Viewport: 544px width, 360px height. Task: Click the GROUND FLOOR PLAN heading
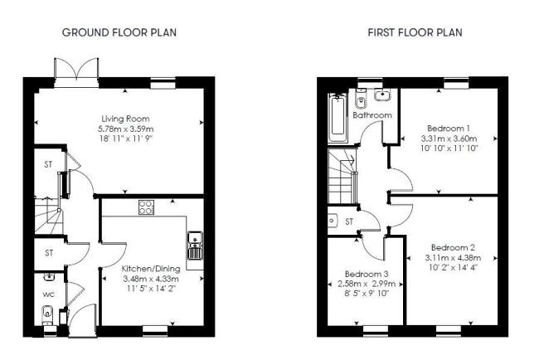click(x=119, y=32)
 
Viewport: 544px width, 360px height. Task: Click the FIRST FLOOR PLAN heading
click(x=415, y=32)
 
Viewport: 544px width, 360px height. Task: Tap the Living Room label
click(x=125, y=119)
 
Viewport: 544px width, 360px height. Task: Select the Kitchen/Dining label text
click(x=151, y=269)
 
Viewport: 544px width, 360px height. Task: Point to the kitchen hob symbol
click(x=147, y=207)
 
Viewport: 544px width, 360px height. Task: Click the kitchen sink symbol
click(x=195, y=246)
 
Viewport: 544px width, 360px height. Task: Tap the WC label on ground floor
click(x=49, y=294)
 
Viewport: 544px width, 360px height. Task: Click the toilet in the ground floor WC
click(x=46, y=314)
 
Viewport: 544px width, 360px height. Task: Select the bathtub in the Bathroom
click(x=338, y=117)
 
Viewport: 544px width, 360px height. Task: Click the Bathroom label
click(x=372, y=115)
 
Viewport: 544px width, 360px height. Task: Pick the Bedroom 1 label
click(x=449, y=129)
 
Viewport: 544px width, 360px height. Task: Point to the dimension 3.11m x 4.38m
click(x=453, y=258)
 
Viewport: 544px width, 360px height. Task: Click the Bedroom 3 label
click(x=367, y=274)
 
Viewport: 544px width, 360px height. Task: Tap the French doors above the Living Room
click(x=76, y=72)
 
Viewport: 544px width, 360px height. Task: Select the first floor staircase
click(x=342, y=175)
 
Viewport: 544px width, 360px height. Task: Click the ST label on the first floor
click(x=349, y=221)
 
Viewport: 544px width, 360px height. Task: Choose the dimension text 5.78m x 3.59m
click(x=125, y=129)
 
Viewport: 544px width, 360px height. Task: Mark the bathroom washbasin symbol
click(x=382, y=95)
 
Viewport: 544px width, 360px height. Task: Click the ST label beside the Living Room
click(x=48, y=164)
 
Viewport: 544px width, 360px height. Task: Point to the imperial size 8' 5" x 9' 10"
click(x=367, y=294)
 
